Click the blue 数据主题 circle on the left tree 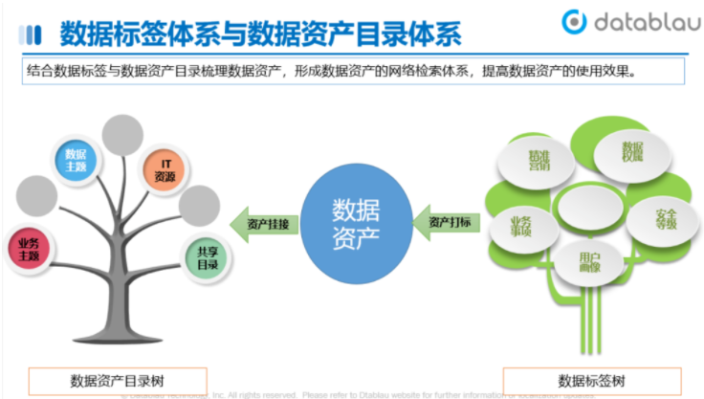76,160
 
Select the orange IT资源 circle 165,170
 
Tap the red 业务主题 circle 29,250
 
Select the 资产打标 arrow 447,223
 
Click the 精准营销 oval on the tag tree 539,160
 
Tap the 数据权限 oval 631,152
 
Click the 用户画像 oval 588,260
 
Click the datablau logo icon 574,22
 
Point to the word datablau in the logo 642,22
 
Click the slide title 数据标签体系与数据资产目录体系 260,34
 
